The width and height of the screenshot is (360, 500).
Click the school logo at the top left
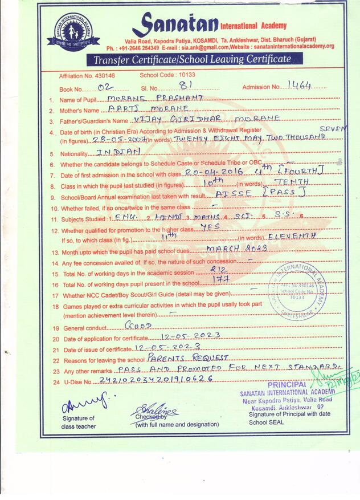pos(74,29)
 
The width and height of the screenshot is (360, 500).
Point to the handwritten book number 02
pos(106,87)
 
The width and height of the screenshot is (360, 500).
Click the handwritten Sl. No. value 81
pos(184,86)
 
